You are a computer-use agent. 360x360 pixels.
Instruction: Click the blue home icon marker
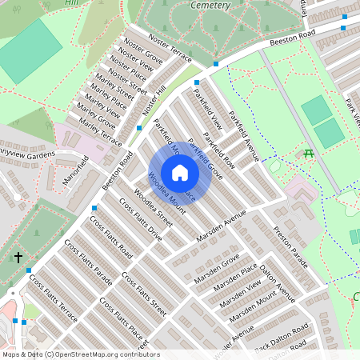point(180,173)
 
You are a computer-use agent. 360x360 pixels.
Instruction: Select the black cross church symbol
point(18,258)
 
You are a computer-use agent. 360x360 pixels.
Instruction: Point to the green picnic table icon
point(309,152)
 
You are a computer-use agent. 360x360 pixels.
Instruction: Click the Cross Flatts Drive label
point(144,223)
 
